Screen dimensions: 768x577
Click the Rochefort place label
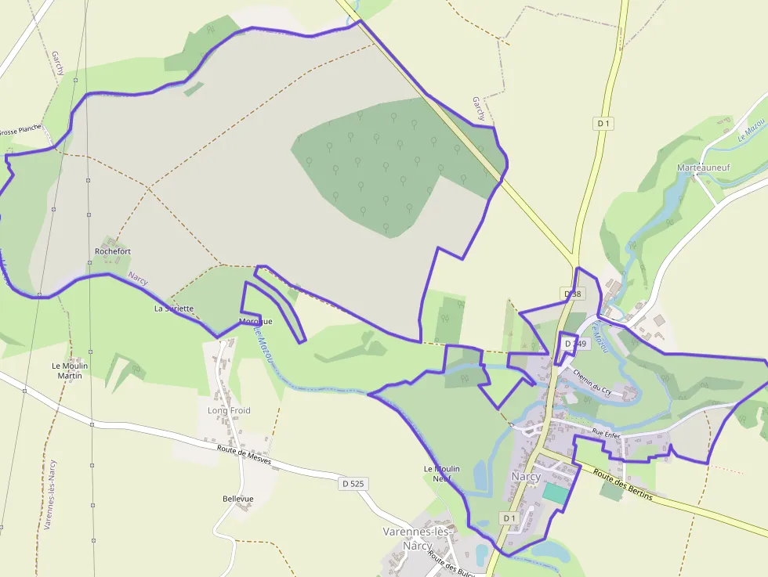pos(113,251)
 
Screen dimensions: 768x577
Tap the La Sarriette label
pos(174,308)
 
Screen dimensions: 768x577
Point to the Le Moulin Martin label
pos(70,370)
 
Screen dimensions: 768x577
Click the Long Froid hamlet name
pos(229,410)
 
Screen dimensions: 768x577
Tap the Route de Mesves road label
pos(244,455)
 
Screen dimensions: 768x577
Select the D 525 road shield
pos(353,484)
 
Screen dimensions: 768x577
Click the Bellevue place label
pos(238,499)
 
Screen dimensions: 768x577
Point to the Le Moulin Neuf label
pos(441,474)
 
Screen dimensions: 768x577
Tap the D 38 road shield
pos(574,294)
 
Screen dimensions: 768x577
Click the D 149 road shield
pos(575,344)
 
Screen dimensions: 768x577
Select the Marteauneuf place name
pos(702,167)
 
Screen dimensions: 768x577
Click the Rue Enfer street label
pos(607,432)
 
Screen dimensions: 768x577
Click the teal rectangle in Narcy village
pos(556,493)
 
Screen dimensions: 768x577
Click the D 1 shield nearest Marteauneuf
pos(603,123)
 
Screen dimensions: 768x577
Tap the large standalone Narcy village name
pos(525,477)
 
